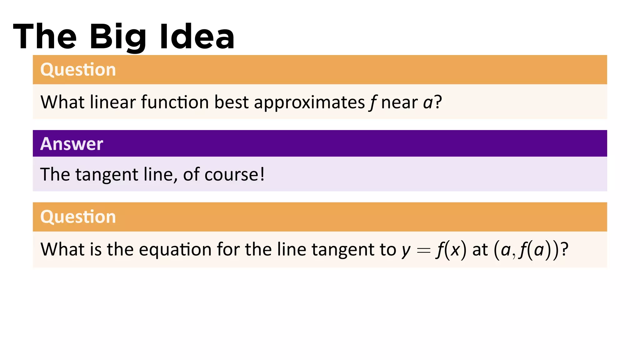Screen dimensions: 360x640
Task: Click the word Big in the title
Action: pos(118,37)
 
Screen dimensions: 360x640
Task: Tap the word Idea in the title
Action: pos(197,37)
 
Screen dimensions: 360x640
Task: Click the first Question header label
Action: pos(78,69)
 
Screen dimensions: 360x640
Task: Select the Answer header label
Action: pos(72,144)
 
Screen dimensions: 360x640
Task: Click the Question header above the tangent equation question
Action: pos(78,217)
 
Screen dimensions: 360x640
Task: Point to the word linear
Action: pos(113,102)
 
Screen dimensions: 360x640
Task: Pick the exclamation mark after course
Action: pos(262,174)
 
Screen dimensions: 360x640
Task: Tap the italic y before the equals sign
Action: pos(406,251)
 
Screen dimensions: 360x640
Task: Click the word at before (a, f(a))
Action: pos(480,250)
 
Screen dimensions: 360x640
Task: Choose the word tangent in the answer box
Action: pos(107,175)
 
